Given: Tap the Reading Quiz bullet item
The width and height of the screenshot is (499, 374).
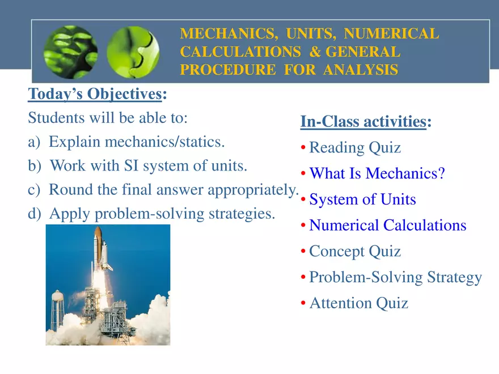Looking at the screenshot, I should [354, 148].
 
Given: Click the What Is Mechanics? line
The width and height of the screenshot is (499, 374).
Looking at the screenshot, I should [377, 173].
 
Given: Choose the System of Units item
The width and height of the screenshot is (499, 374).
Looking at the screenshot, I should [362, 199].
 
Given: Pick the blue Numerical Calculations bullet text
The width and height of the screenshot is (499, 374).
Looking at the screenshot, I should [387, 226].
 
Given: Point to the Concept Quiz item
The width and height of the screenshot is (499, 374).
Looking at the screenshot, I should [354, 252].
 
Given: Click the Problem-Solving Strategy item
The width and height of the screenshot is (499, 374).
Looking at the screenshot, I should [395, 278].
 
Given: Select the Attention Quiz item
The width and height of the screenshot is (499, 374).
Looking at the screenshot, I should [358, 303].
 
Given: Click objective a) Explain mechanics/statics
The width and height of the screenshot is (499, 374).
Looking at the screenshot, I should [126, 141].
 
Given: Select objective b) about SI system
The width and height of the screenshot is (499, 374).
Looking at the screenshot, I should [138, 166].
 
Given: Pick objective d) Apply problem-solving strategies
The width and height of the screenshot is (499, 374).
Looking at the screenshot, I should [151, 214].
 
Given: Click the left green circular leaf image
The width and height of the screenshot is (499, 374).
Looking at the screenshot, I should [71, 52].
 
